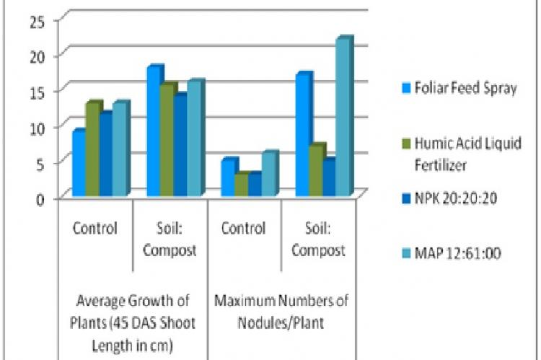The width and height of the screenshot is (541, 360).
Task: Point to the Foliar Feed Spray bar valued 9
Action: click(x=78, y=163)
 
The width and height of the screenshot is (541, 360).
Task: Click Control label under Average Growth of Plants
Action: click(x=94, y=229)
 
